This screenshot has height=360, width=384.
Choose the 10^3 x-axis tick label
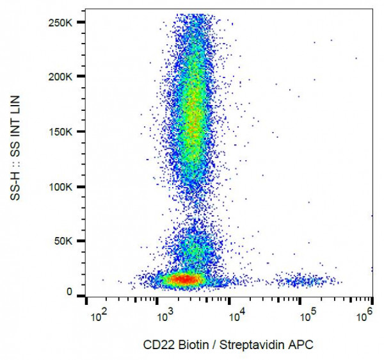coord(166,316)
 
